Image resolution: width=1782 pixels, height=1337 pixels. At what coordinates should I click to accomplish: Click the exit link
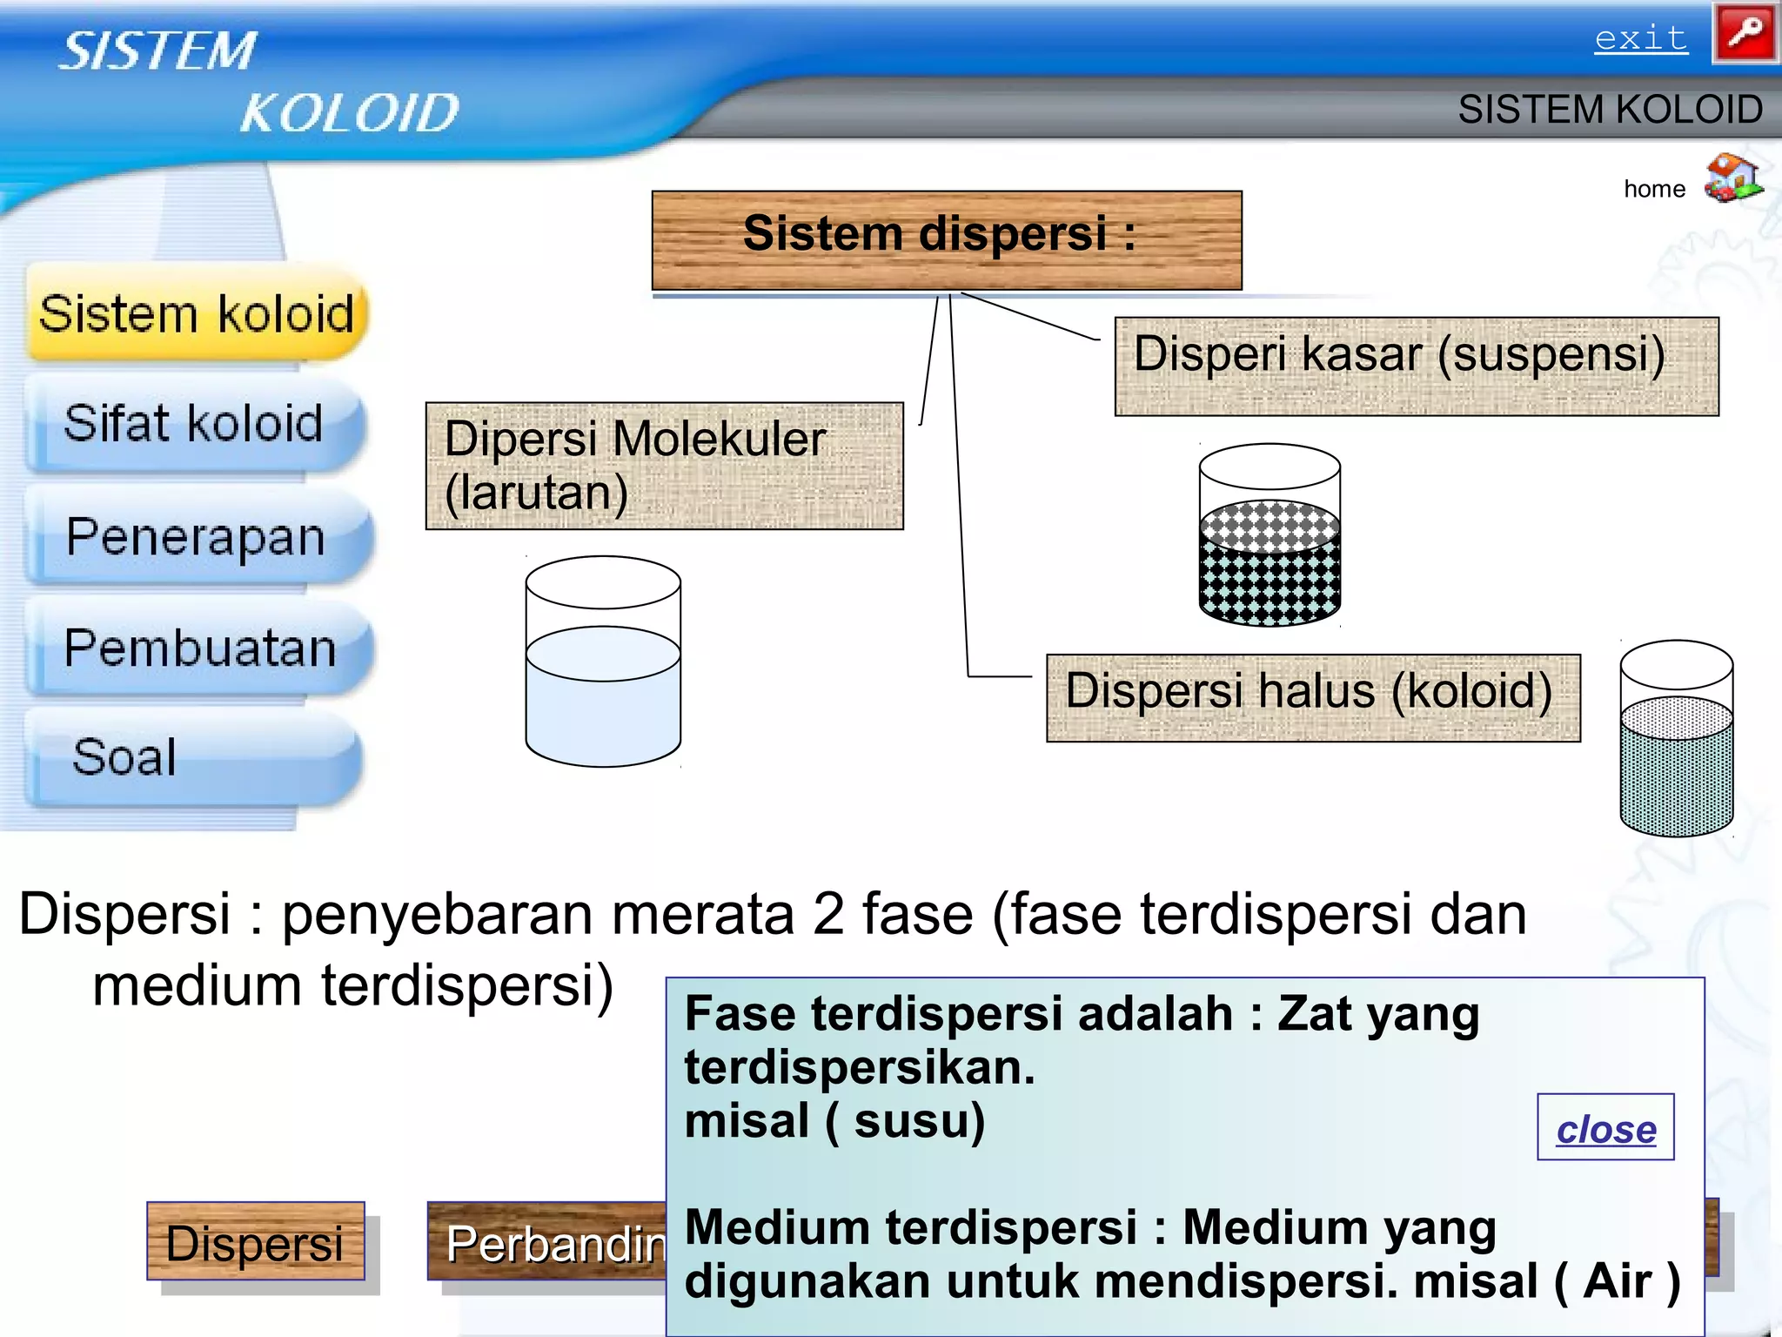(x=1640, y=38)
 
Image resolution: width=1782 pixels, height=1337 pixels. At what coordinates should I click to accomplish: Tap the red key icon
(x=1745, y=34)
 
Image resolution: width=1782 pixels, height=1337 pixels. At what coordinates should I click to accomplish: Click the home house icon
(x=1732, y=178)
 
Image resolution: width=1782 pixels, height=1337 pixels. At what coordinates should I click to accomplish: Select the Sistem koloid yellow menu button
(x=198, y=314)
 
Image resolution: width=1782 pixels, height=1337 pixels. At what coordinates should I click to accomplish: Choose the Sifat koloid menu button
(x=194, y=424)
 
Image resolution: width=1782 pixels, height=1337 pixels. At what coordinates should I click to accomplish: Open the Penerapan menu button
(x=197, y=537)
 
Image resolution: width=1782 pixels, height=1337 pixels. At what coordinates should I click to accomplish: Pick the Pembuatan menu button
(x=199, y=648)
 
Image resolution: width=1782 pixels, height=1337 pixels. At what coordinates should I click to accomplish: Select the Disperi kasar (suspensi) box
(x=1416, y=366)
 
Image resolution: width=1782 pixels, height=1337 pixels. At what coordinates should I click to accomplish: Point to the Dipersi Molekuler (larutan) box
(x=664, y=466)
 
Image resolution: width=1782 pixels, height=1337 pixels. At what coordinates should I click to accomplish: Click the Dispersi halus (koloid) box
(x=1312, y=696)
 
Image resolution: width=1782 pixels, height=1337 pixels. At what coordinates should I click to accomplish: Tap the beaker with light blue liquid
(x=603, y=662)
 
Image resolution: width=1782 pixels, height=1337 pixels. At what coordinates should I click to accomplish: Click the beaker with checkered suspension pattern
(x=1270, y=535)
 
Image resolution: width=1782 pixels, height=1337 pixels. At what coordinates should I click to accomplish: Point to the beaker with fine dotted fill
(x=1676, y=739)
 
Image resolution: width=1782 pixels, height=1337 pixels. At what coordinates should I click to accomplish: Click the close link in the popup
(x=1605, y=1128)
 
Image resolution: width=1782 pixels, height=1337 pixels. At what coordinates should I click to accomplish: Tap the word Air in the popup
(x=1617, y=1281)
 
